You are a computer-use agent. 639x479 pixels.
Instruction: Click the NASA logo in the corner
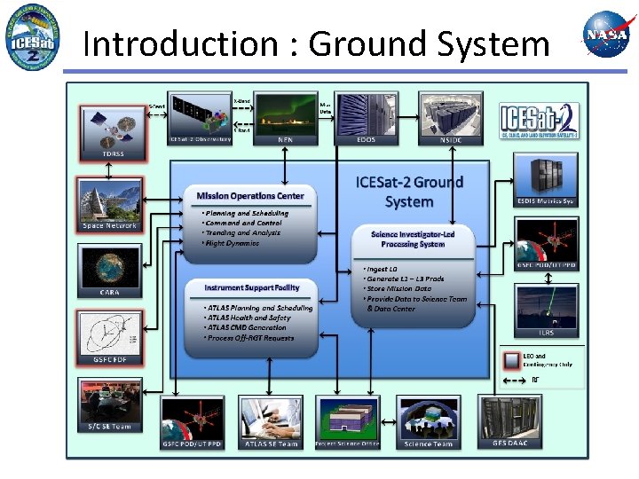[605, 35]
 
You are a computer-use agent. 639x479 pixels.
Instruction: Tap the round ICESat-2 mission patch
[32, 36]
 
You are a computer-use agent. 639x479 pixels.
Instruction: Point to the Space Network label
[110, 225]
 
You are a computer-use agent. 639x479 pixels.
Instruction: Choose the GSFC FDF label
[109, 360]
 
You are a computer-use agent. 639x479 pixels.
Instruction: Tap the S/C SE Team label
[109, 426]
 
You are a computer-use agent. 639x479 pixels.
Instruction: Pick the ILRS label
[546, 333]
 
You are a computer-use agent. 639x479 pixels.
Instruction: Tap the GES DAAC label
[510, 444]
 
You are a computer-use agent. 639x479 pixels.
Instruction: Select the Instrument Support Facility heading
[252, 287]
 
